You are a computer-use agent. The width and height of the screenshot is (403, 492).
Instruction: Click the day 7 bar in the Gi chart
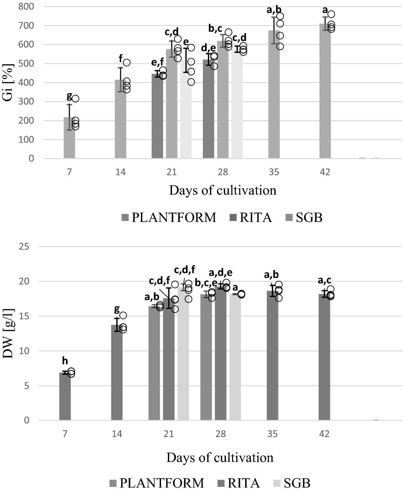coord(69,138)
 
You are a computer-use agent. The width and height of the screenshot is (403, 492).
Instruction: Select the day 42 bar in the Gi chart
coord(325,92)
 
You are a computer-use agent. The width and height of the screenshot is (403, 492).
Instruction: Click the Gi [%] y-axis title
coord(10,82)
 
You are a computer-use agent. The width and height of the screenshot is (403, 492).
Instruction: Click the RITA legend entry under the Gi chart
coord(249,217)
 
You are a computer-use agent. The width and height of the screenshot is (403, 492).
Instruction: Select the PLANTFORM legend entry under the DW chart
coord(157,483)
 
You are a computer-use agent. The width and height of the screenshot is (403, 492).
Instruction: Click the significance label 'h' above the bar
coord(65,361)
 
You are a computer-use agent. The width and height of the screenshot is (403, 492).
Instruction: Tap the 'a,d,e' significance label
coord(220,272)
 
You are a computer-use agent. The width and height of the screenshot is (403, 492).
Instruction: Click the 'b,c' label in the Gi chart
coord(216,29)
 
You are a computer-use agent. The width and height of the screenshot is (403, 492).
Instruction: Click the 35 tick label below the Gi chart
coord(274,172)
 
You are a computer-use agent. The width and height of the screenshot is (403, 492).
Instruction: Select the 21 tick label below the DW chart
coord(169,434)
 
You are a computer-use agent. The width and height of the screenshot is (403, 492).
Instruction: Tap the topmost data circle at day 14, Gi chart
coord(127,62)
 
